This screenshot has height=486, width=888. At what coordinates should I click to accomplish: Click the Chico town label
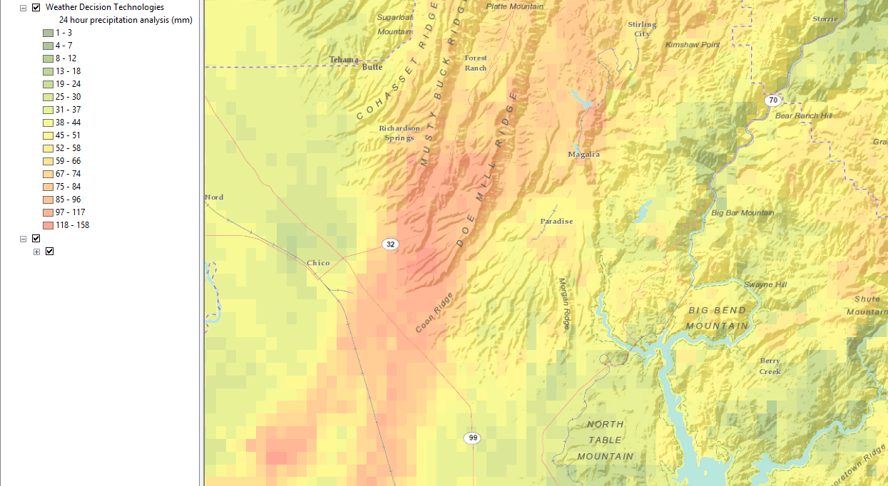click(x=318, y=263)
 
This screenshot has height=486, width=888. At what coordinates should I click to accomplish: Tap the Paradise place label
click(x=556, y=221)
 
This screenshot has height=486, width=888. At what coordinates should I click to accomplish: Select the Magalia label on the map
click(x=583, y=155)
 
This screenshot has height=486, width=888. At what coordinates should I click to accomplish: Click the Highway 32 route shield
click(x=389, y=244)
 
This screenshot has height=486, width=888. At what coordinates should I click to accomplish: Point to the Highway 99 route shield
click(x=471, y=438)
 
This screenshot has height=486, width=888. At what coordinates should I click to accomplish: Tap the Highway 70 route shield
click(x=773, y=100)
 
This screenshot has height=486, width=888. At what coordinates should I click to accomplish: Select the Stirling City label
click(x=642, y=29)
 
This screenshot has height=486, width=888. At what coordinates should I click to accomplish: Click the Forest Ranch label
click(x=476, y=63)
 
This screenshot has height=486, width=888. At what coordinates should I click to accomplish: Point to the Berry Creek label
click(x=770, y=366)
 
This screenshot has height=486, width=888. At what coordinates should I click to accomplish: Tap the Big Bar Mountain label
click(x=742, y=213)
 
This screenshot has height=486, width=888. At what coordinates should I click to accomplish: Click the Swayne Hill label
click(x=765, y=285)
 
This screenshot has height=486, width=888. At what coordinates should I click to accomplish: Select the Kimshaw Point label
click(x=693, y=45)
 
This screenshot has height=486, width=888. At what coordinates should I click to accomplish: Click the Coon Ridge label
click(x=434, y=316)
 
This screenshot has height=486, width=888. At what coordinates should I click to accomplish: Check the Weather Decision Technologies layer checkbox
click(x=36, y=7)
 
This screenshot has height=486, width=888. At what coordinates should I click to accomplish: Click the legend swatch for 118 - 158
click(x=48, y=225)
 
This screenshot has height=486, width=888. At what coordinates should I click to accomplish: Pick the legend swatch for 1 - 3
click(x=48, y=33)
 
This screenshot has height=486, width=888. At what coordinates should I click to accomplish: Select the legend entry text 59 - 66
click(x=68, y=161)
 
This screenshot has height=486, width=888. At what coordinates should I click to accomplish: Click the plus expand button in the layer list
click(x=36, y=252)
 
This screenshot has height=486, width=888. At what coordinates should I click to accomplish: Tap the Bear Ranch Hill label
click(x=803, y=115)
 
